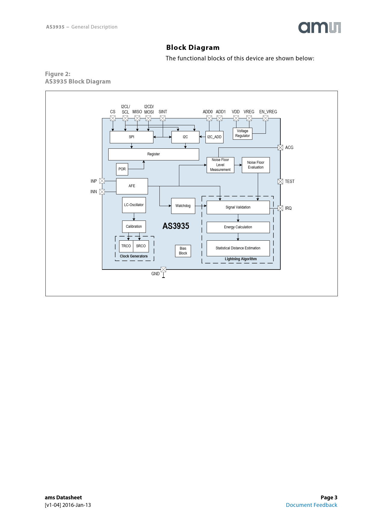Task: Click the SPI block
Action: pyautogui.click(x=131, y=137)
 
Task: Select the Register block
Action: pyautogui.click(x=153, y=154)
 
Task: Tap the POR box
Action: pyautogui.click(x=122, y=169)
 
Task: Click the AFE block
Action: pyautogui.click(x=132, y=186)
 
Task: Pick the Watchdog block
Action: pyautogui.click(x=183, y=206)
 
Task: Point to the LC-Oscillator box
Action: pyautogui.click(x=134, y=205)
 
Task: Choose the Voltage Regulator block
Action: pyautogui.click(x=242, y=133)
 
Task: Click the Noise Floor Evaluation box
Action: pyautogui.click(x=256, y=165)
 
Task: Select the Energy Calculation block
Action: pyautogui.click(x=238, y=227)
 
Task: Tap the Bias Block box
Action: pyautogui.click(x=183, y=251)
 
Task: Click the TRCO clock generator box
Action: pyautogui.click(x=126, y=246)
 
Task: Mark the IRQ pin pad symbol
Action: pyautogui.click(x=280, y=208)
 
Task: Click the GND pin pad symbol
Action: pyautogui.click(x=163, y=270)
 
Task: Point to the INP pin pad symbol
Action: pyautogui.click(x=102, y=181)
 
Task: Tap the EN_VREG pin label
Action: pyautogui.click(x=268, y=112)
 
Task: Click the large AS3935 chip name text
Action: pyautogui.click(x=176, y=226)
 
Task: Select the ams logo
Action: pyautogui.click(x=319, y=27)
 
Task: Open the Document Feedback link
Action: pyautogui.click(x=311, y=505)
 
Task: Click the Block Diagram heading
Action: pyautogui.click(x=193, y=47)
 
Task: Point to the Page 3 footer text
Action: pyautogui.click(x=329, y=498)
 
